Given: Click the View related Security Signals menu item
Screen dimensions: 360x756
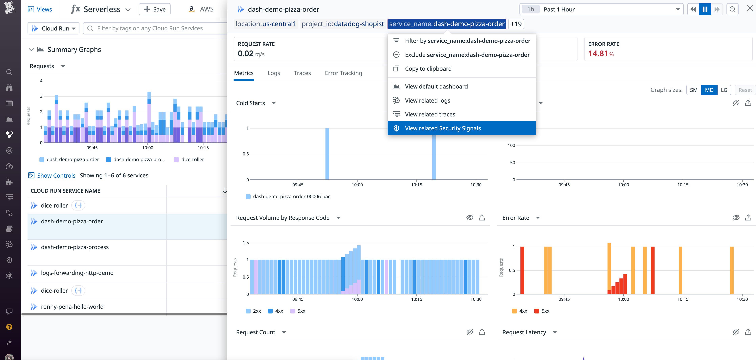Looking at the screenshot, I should click(443, 128).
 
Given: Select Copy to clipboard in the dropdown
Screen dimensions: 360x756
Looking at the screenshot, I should click(428, 69).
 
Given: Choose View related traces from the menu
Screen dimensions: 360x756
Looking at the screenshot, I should click(430, 114).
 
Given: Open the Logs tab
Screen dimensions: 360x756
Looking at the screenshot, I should click(274, 73).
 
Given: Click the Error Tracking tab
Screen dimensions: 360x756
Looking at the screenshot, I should click(343, 73).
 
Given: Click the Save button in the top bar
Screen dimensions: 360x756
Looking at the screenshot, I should click(155, 9).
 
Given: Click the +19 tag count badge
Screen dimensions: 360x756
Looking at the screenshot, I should click(516, 24).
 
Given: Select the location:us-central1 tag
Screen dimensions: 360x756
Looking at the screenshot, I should click(266, 24).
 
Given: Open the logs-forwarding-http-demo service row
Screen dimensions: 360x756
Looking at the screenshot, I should click(77, 273).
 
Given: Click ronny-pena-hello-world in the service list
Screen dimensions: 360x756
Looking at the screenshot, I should click(72, 307).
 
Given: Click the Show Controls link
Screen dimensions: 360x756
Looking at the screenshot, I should click(56, 175).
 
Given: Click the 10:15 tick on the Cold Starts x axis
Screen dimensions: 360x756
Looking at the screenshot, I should click(416, 185).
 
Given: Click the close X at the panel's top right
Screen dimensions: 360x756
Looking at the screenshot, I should click(749, 9).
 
